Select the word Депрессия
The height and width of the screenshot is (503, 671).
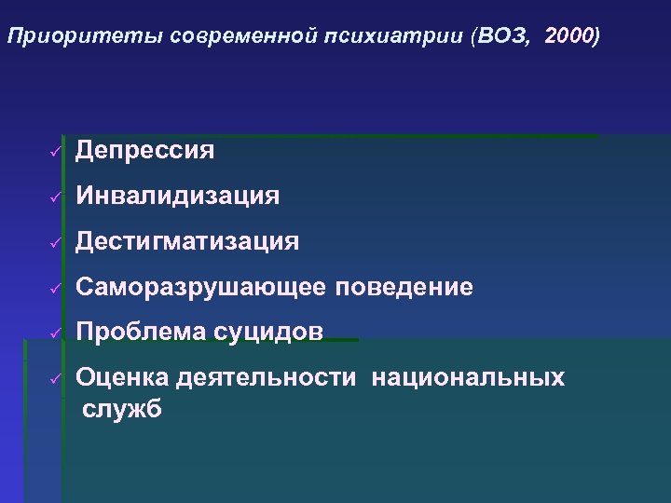[x=145, y=150]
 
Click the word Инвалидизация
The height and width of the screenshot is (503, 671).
[x=177, y=196]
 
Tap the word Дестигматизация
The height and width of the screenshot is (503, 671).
[x=187, y=242]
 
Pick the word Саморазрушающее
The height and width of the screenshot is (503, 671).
[x=200, y=288]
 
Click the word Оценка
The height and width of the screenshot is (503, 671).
[x=121, y=377]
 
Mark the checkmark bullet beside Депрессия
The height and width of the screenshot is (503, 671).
[x=55, y=151]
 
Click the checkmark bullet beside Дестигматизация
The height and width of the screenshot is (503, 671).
[x=55, y=243]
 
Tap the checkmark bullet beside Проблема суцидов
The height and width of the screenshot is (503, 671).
[x=55, y=333]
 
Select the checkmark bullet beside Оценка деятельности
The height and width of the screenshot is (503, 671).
[x=55, y=378]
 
